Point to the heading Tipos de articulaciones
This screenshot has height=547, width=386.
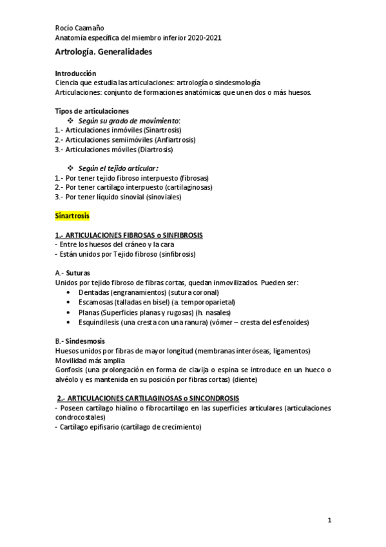[92, 111]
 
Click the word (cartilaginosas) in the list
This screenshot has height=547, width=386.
[189, 188]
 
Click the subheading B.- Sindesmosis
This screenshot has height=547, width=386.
[81, 341]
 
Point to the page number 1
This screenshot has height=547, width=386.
[329, 519]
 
